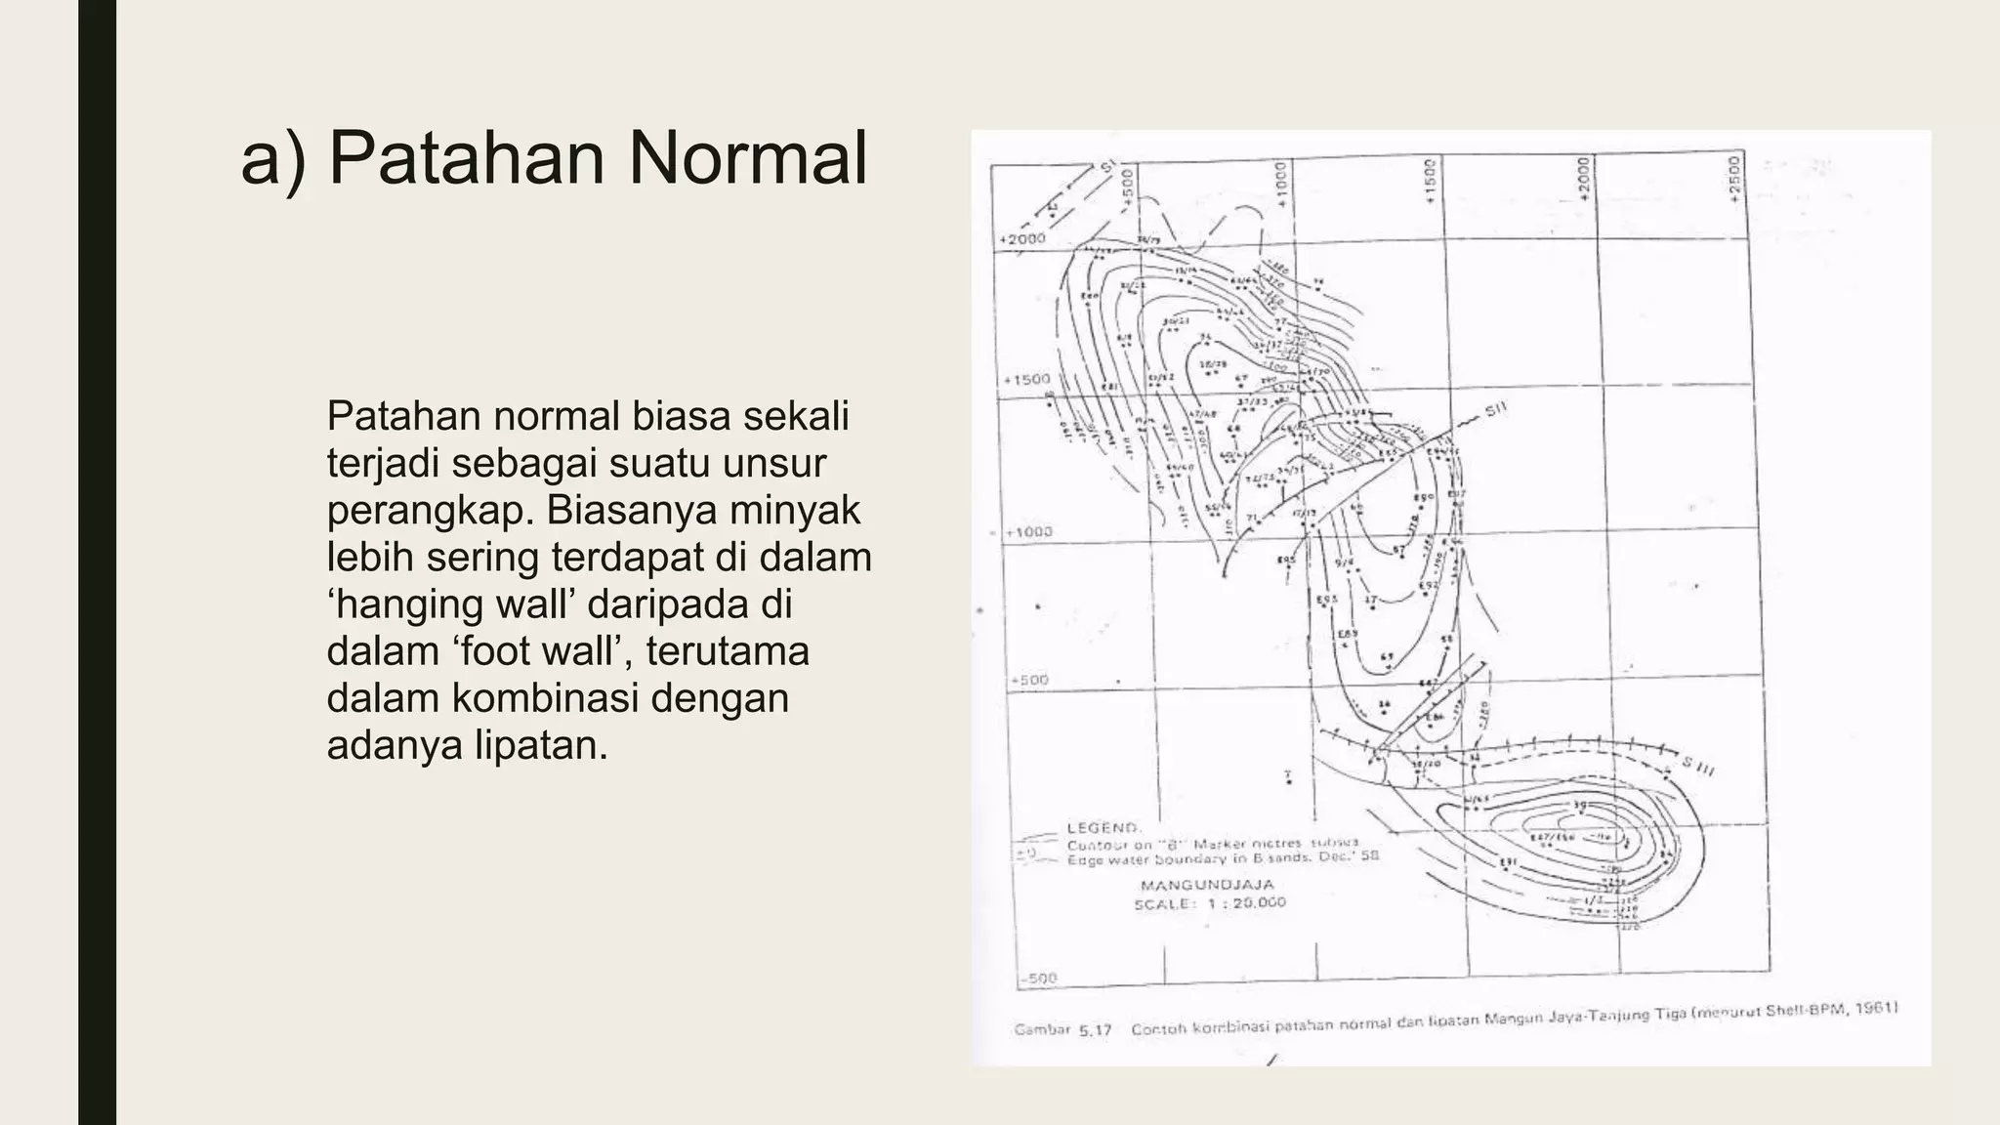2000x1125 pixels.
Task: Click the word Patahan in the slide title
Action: (463, 158)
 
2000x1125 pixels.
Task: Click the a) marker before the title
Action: (272, 160)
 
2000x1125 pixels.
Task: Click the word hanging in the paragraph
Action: (411, 604)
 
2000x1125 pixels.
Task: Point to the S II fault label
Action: (1496, 411)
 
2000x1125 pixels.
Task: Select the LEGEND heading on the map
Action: (1103, 827)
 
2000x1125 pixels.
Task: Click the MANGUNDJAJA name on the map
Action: (1207, 885)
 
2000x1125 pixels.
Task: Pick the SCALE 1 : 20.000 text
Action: (1209, 903)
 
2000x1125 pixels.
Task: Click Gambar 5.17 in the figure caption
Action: (1062, 1029)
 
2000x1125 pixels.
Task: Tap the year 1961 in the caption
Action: (1876, 1009)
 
